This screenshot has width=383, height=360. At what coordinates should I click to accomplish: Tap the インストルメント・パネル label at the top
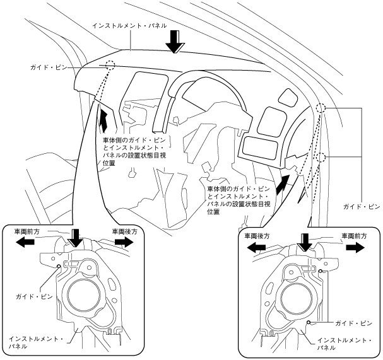pyautogui.click(x=130, y=26)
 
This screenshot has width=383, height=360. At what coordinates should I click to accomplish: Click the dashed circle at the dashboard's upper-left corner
pyautogui.click(x=110, y=65)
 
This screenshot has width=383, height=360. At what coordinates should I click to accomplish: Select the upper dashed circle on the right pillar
pyautogui.click(x=321, y=108)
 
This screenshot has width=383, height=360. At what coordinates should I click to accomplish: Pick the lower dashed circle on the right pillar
pyautogui.click(x=321, y=158)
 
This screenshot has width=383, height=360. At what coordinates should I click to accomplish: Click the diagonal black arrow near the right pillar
pyautogui.click(x=283, y=185)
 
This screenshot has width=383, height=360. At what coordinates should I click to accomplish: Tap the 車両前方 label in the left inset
pyautogui.click(x=27, y=231)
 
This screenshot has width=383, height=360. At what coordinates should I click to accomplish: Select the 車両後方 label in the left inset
pyautogui.click(x=124, y=231)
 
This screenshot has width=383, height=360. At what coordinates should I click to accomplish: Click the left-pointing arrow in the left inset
pyautogui.click(x=25, y=242)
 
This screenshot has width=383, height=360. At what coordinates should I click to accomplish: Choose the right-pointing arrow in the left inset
pyautogui.click(x=124, y=242)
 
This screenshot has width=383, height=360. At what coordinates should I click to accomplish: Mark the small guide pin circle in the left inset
pyautogui.click(x=59, y=266)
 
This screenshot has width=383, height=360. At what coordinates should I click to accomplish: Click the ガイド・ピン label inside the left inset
pyautogui.click(x=34, y=297)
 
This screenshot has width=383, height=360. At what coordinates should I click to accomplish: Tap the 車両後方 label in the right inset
pyautogui.click(x=257, y=236)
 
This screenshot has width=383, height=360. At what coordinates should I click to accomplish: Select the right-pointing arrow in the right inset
pyautogui.click(x=355, y=247)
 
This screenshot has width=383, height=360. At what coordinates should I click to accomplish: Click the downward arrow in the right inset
pyautogui.click(x=305, y=242)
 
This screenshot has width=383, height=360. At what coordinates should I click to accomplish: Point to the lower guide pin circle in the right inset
pyautogui.click(x=309, y=323)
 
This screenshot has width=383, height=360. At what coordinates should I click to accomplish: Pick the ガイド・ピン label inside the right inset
pyautogui.click(x=353, y=323)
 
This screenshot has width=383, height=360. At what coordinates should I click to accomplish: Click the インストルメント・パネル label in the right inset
pyautogui.click(x=345, y=344)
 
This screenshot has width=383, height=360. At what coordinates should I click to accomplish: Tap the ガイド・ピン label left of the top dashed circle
pyautogui.click(x=49, y=67)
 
